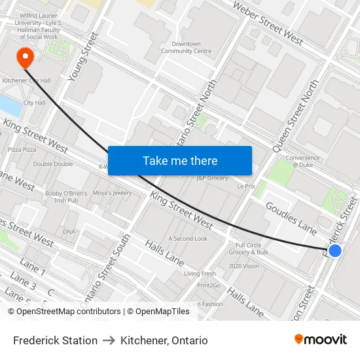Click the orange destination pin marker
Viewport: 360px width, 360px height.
pos(26,57)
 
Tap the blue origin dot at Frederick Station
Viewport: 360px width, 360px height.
pos(334,251)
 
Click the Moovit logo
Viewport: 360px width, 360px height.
pos(320,339)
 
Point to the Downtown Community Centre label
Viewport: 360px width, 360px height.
pos(186,47)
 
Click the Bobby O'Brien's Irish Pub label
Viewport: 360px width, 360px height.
pos(66,197)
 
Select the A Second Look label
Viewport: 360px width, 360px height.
pos(188,238)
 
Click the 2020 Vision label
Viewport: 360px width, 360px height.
pos(243,266)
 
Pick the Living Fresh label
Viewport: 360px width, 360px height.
pos(200,274)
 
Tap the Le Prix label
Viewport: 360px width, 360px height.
pos(246,186)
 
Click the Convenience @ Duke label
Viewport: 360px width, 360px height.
pos(302,161)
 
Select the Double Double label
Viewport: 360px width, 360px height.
pos(53,164)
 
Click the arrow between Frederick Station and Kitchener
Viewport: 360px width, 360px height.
pos(109,340)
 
